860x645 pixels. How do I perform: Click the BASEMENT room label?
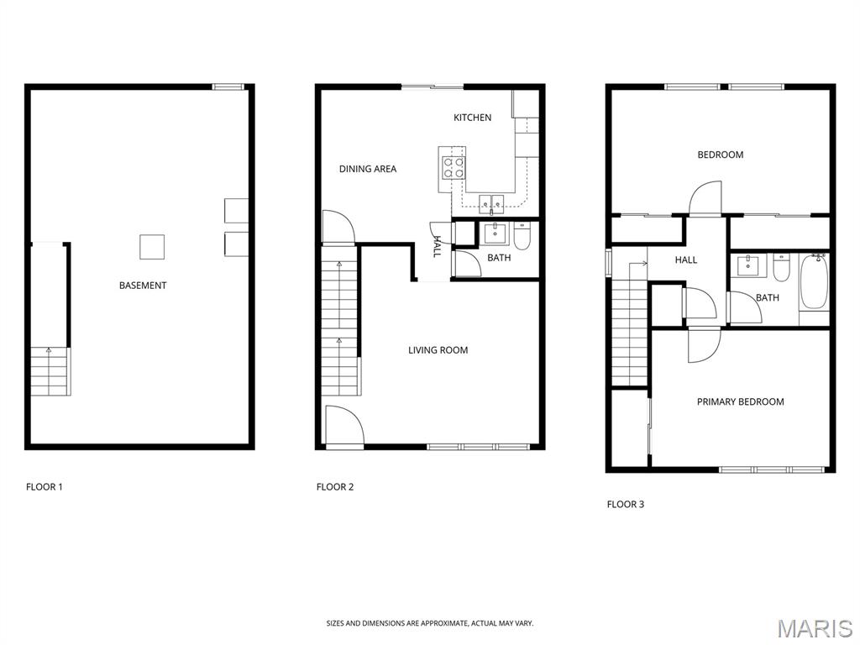[143, 286]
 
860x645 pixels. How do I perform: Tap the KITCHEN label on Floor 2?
[472, 118]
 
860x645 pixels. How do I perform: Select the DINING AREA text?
[368, 169]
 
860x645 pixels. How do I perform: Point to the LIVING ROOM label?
[438, 350]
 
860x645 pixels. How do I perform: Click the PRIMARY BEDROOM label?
[740, 401]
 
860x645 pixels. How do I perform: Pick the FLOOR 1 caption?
[45, 486]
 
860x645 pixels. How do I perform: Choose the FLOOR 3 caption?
[625, 504]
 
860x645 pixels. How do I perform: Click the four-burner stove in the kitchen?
[454, 167]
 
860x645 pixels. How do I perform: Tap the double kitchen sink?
[491, 203]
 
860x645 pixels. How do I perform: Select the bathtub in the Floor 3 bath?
[814, 282]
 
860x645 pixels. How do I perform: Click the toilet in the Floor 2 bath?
[522, 236]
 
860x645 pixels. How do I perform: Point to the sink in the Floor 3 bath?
[747, 265]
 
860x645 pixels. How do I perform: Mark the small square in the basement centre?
[152, 247]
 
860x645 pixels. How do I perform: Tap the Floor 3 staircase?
[630, 324]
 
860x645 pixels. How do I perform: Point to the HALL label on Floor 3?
[685, 260]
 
